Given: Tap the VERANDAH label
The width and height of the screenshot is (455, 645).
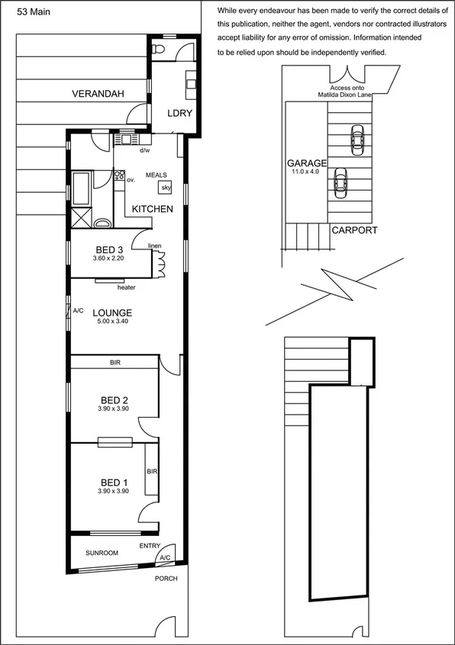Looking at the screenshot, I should (x=99, y=95).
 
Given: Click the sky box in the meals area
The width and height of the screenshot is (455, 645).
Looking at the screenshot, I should (x=165, y=188).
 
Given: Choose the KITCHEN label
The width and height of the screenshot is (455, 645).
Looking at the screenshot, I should (x=153, y=209).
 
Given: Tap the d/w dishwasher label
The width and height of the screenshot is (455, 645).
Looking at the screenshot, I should (x=144, y=151).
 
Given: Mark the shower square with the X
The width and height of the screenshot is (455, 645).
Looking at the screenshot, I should (x=79, y=218).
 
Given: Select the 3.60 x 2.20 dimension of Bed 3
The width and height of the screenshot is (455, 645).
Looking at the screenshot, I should (x=109, y=260).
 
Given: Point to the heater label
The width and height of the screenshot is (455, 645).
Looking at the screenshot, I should (x=127, y=287).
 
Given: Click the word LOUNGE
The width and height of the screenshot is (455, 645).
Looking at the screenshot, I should (x=112, y=313).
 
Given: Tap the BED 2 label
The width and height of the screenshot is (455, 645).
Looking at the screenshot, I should (x=114, y=400).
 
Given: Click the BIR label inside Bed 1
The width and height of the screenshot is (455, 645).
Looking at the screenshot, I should (x=152, y=472).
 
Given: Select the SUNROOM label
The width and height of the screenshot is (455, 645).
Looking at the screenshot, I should (x=102, y=553).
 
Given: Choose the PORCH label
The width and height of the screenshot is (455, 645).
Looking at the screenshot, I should (x=166, y=578).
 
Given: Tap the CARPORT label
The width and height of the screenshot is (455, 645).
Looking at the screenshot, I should (x=353, y=229).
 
